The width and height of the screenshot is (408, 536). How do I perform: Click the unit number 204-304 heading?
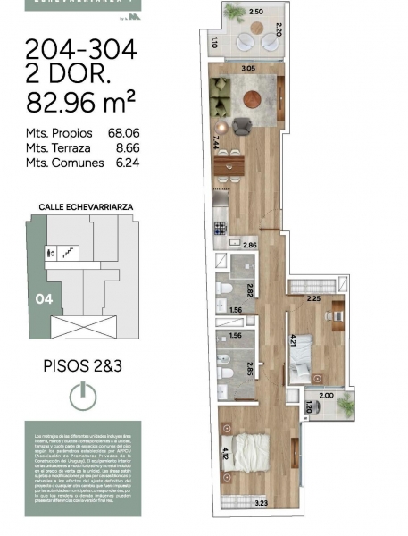(80, 50)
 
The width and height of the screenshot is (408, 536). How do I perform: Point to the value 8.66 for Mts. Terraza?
(125, 149)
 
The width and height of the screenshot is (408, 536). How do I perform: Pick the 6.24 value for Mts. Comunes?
(125, 163)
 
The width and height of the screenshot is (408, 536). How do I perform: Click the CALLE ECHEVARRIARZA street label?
(87, 205)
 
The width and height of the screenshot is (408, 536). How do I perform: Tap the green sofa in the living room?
(220, 93)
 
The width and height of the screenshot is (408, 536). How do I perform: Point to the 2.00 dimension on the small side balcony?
(327, 395)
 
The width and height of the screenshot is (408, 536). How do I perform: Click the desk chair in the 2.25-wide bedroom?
(327, 314)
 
